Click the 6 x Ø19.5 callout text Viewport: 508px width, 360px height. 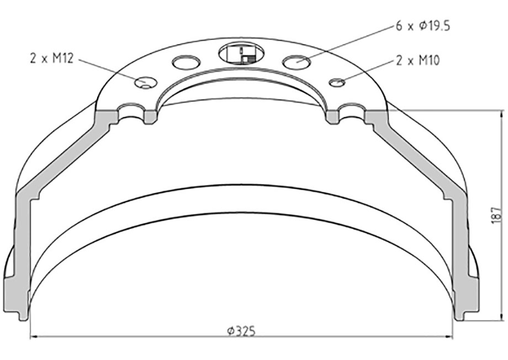click(423, 26)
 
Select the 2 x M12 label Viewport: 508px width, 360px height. click(52, 59)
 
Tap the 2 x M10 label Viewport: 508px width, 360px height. click(417, 60)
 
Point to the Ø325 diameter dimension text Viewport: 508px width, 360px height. click(241, 331)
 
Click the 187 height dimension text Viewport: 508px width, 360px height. click(496, 215)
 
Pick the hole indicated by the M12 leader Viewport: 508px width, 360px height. click(146, 82)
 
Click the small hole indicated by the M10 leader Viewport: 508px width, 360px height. click(337, 82)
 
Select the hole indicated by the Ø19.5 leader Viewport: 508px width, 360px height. click(297, 61)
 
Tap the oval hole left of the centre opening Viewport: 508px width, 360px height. click(186, 62)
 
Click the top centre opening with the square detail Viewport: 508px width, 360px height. click(241, 52)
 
